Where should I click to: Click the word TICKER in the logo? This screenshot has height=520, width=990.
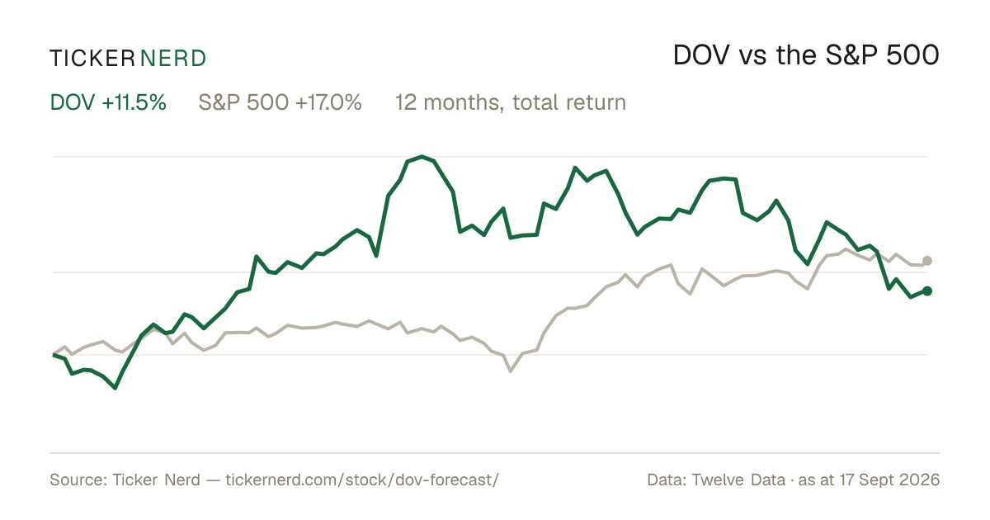[x=92, y=59]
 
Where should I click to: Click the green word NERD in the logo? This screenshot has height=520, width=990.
[x=172, y=59]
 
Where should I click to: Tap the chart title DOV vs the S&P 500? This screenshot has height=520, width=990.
[x=806, y=55]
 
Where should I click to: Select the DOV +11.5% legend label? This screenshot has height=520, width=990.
[x=108, y=102]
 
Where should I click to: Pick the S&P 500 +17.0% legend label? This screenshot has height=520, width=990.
[x=280, y=102]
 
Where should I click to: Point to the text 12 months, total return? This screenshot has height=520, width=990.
[x=511, y=103]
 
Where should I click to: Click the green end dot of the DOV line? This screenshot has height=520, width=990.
[x=927, y=291]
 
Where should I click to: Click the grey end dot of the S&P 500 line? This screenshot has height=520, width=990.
[x=927, y=261]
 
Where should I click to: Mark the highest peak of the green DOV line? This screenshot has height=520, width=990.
[x=422, y=157]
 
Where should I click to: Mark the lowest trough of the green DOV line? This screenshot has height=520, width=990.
[x=115, y=388]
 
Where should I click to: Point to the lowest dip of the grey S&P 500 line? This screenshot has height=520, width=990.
[x=511, y=371]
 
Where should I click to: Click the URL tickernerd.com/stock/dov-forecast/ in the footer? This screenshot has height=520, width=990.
[x=362, y=480]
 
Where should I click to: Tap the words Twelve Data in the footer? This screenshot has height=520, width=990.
[x=738, y=480]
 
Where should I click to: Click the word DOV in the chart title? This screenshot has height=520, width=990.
[x=701, y=55]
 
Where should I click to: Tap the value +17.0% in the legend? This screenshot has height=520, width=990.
[x=328, y=102]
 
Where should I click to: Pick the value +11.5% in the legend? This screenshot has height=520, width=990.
[x=134, y=102]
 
